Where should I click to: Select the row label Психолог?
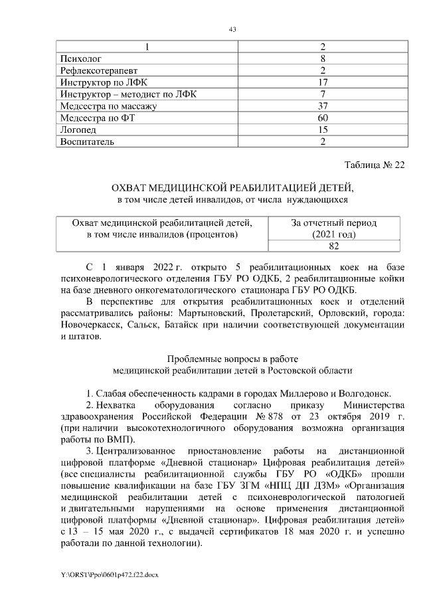tap(80, 58)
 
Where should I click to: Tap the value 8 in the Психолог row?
tap(322, 58)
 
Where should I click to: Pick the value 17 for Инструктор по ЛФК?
tap(322, 82)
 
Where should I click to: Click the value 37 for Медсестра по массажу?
tap(322, 106)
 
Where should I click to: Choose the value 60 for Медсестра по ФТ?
tap(322, 118)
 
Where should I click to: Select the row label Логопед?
tap(77, 130)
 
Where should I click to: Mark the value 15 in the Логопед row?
tap(322, 130)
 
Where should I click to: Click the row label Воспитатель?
tap(87, 142)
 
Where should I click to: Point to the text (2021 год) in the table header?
tap(333, 234)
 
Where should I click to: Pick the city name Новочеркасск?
tap(92, 325)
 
